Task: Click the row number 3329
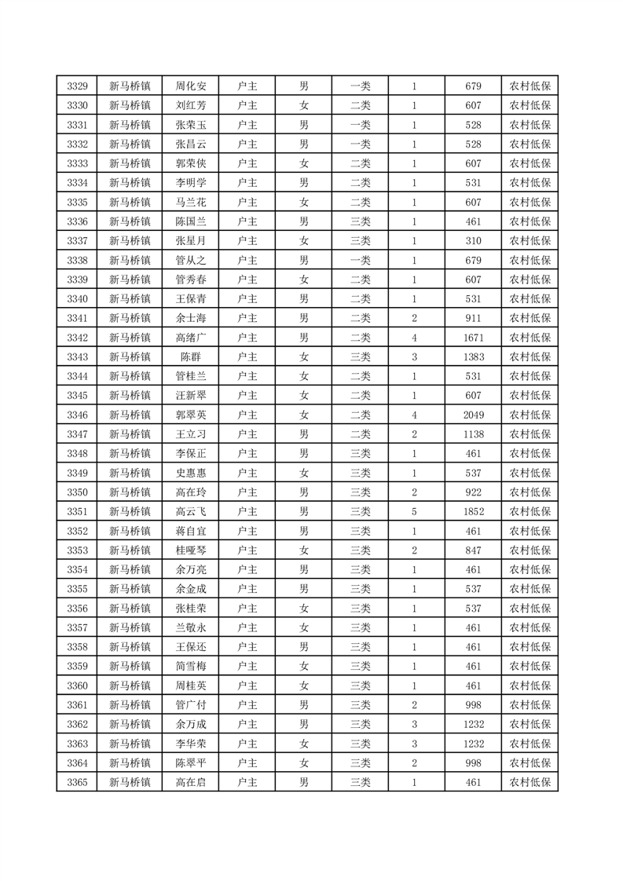77,86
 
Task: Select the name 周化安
191,86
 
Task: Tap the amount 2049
473,415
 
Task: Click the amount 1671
473,338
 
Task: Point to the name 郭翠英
191,415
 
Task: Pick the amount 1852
473,511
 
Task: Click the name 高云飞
191,511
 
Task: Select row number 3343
77,357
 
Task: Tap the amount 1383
473,357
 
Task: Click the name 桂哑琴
191,550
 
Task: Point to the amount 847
473,550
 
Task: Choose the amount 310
473,241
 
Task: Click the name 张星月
191,241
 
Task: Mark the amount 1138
473,434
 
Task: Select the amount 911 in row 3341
473,318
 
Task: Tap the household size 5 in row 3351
414,511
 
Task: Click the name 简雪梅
191,666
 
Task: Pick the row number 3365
77,782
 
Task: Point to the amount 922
473,492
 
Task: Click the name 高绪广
191,338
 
